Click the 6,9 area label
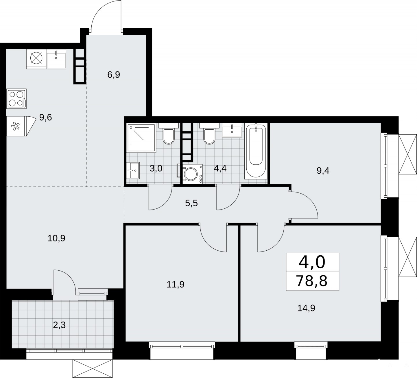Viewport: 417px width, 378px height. pyautogui.click(x=113, y=74)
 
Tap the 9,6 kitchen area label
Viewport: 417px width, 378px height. pyautogui.click(x=45, y=118)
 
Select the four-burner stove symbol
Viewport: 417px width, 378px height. pyautogui.click(x=16, y=98)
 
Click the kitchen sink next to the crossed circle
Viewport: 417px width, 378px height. pyautogui.click(x=56, y=59)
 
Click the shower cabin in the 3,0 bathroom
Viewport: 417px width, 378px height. pyautogui.click(x=141, y=137)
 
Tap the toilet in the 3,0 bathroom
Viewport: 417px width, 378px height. pyautogui.click(x=169, y=133)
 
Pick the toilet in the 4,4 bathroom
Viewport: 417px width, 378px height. pyautogui.click(x=209, y=133)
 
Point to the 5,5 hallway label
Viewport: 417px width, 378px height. pyautogui.click(x=191, y=203)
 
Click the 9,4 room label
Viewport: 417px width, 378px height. pyautogui.click(x=323, y=171)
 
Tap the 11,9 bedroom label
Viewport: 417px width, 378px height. pyautogui.click(x=176, y=284)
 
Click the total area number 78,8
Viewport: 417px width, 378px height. pyautogui.click(x=312, y=281)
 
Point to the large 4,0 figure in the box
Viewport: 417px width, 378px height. pyautogui.click(x=312, y=262)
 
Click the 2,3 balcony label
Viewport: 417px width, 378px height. pyautogui.click(x=59, y=325)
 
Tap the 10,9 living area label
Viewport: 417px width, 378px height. pyautogui.click(x=56, y=238)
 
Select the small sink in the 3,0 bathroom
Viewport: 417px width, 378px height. pyautogui.click(x=133, y=170)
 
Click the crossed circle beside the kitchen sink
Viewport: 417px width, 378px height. pyautogui.click(x=36, y=58)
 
